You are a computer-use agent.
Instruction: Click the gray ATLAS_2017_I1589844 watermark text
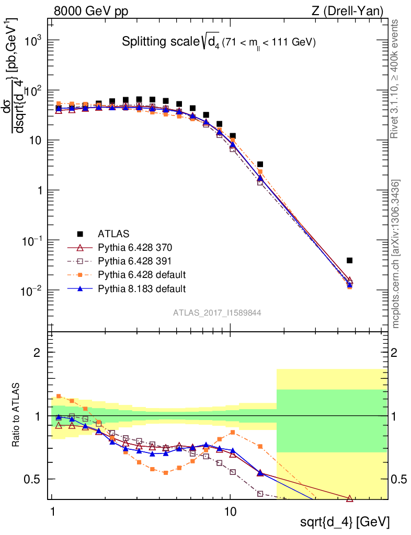point(217,313)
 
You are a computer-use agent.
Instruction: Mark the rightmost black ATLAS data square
point(349,260)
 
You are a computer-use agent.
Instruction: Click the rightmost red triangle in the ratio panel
point(349,498)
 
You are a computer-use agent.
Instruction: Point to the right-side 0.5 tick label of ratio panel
point(399,479)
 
